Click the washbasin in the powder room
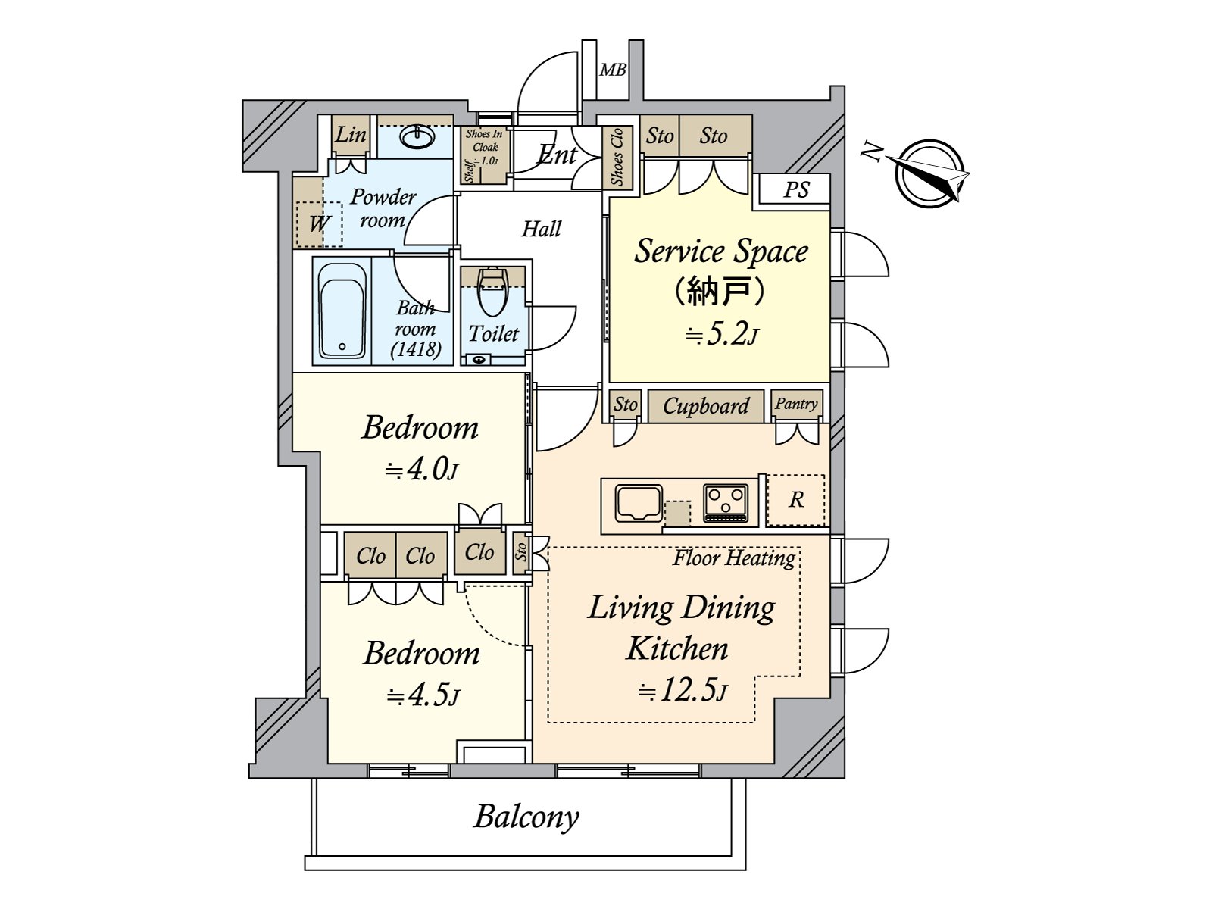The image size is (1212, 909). [x=417, y=137]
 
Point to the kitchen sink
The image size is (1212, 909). [x=639, y=502]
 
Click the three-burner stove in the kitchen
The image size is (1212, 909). [x=726, y=502]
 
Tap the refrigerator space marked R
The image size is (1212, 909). [x=795, y=500]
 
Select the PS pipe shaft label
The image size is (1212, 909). [x=796, y=189]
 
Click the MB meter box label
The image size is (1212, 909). [x=613, y=70]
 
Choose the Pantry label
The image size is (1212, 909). [x=796, y=404]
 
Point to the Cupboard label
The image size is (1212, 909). [x=706, y=407]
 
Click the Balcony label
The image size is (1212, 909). [x=526, y=817]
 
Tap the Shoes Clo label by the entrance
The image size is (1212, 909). [x=617, y=158]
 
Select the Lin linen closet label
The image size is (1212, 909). [x=351, y=135]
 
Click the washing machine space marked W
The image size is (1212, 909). [x=319, y=223]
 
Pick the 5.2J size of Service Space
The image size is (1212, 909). [x=721, y=334]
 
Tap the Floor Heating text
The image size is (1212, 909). [x=734, y=558]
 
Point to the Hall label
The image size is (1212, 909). [x=541, y=229]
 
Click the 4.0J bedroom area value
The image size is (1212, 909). [x=421, y=470]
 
